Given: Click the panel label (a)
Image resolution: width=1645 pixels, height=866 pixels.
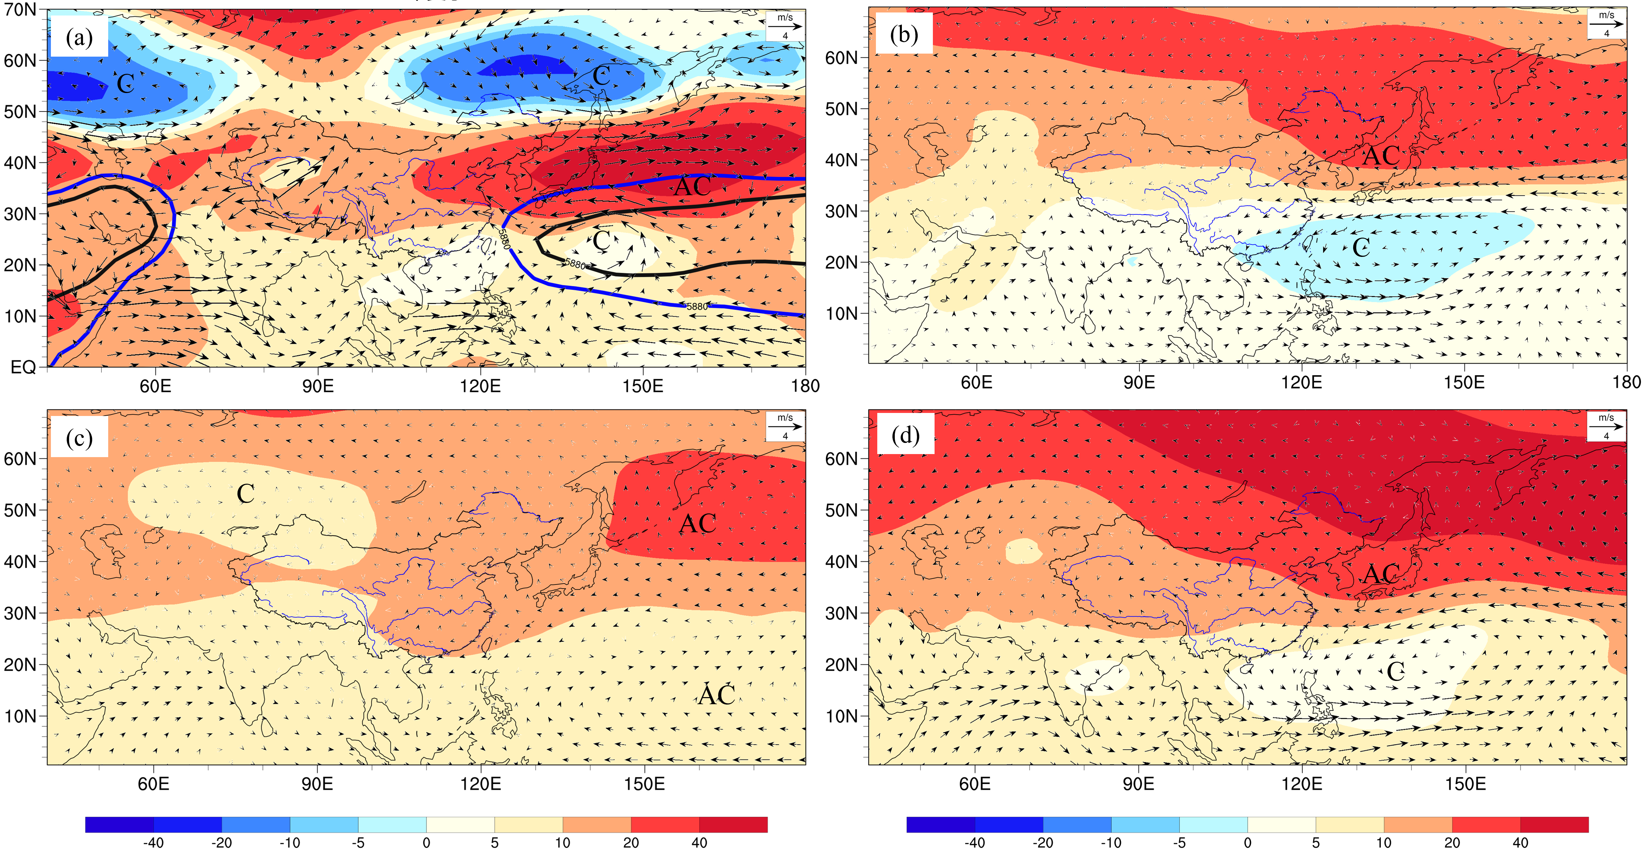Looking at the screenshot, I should coord(79,37).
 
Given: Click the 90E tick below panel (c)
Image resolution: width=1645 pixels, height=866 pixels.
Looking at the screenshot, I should coord(317,784).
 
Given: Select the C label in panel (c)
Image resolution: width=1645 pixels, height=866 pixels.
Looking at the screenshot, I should coord(245,494).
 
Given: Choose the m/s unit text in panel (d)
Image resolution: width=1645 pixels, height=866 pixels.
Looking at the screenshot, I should coord(1606,417).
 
